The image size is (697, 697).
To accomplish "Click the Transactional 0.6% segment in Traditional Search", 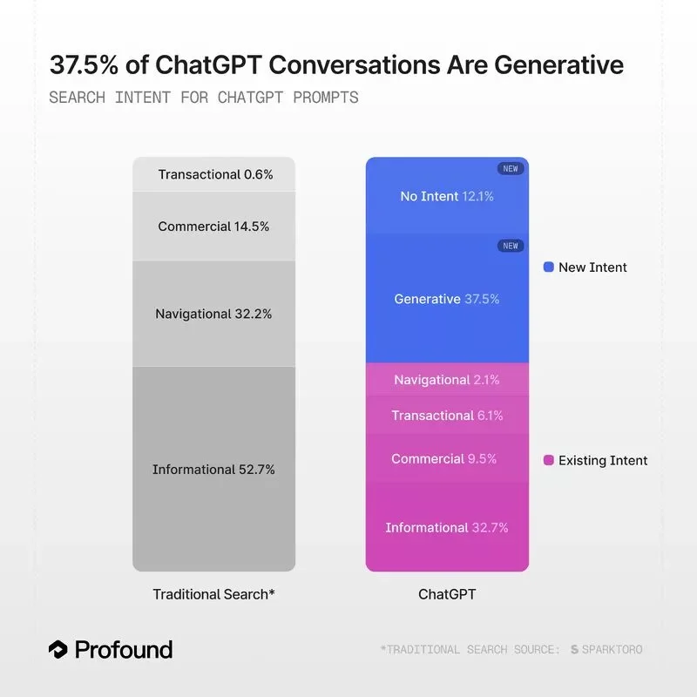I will click(214, 174).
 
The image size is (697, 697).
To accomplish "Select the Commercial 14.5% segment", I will click(214, 227).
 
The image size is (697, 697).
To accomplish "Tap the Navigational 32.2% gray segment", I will click(214, 314).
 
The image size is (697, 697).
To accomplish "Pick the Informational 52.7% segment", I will click(214, 470).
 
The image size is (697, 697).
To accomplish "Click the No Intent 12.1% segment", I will click(447, 196).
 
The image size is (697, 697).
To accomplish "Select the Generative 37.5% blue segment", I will click(447, 299).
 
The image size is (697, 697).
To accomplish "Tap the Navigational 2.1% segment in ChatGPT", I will click(447, 380).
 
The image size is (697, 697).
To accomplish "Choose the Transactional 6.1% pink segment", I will click(447, 416).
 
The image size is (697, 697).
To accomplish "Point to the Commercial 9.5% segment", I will click(447, 458).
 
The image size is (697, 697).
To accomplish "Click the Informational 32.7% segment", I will click(447, 527).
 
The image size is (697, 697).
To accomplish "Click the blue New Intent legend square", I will click(548, 267).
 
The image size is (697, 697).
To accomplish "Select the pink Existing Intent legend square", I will click(548, 460).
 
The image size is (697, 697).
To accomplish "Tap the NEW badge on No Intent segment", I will click(510, 168).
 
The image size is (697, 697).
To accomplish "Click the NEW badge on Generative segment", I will click(510, 246).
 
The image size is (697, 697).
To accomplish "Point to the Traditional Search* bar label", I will click(214, 594).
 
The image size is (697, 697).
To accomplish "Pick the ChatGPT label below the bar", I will click(447, 594).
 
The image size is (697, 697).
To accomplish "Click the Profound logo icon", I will click(58, 649).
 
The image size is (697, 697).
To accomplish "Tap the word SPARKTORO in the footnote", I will click(612, 649).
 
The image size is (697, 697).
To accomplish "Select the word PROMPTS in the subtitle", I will click(326, 97).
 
